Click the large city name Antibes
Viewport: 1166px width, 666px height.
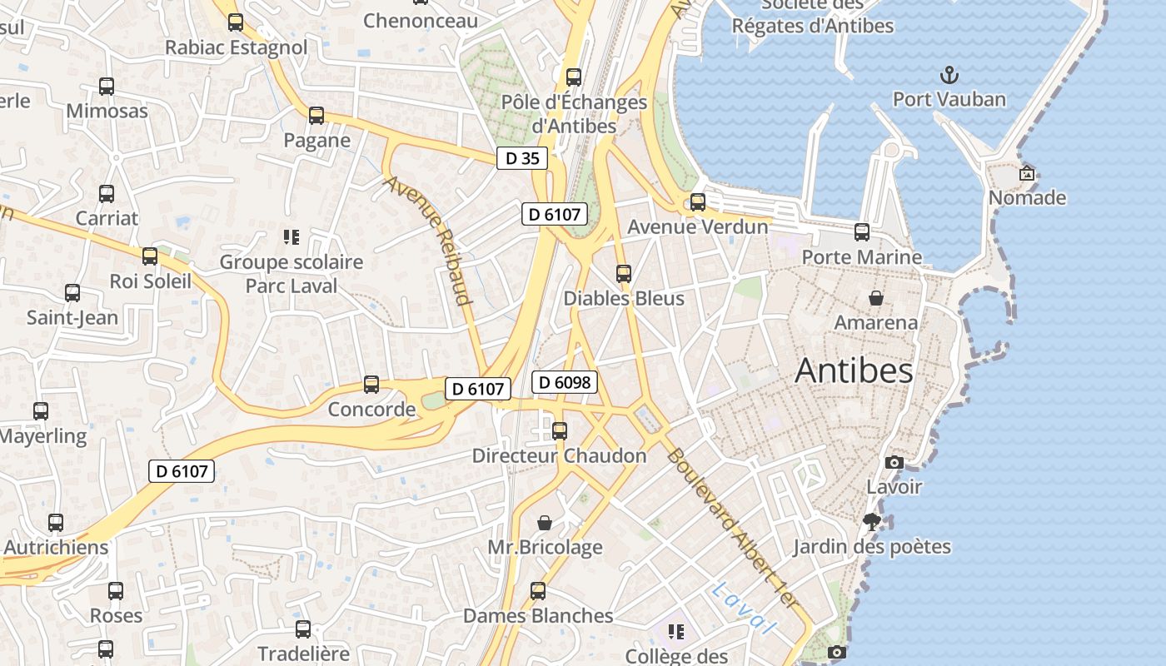click(x=854, y=370)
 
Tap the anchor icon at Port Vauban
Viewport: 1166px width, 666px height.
click(x=949, y=76)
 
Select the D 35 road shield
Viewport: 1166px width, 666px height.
click(x=522, y=158)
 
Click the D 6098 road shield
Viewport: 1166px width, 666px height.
click(x=565, y=382)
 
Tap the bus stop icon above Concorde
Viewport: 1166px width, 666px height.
click(x=371, y=385)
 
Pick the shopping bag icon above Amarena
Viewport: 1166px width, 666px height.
click(x=876, y=298)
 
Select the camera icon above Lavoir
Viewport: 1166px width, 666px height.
click(x=894, y=462)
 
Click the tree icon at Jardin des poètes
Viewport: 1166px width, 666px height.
click(x=872, y=522)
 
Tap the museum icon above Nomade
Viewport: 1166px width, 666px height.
click(x=1027, y=173)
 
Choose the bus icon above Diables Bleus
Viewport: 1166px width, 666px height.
click(x=623, y=273)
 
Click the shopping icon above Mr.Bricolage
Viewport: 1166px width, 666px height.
click(x=545, y=523)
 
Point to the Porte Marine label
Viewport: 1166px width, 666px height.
click(x=861, y=257)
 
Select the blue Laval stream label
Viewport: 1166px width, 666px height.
click(x=744, y=609)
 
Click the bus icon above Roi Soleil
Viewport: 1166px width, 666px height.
click(x=150, y=256)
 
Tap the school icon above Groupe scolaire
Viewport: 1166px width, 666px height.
click(x=291, y=237)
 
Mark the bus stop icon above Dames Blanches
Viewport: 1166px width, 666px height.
click(x=538, y=591)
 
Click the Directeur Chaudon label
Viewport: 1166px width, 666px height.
click(x=559, y=455)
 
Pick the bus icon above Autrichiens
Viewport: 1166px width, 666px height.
click(x=56, y=523)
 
